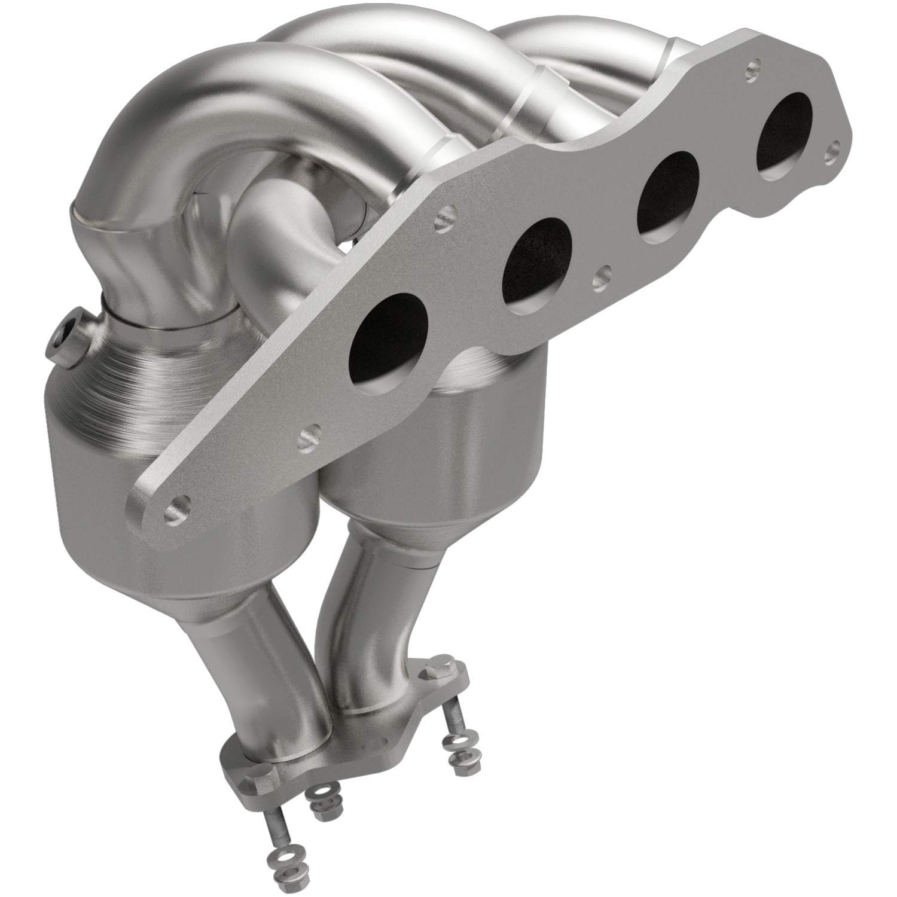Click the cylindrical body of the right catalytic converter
click(x=395, y=454)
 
